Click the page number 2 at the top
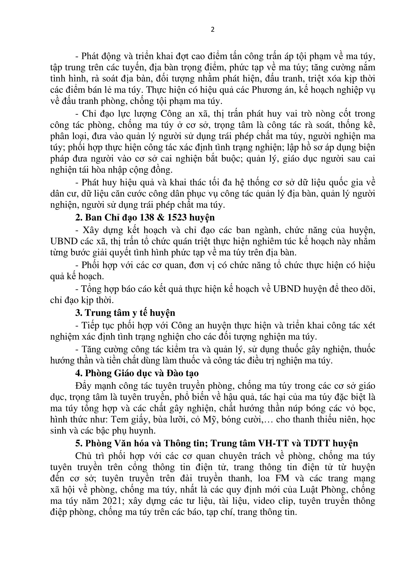pyautogui.click(x=212, y=30)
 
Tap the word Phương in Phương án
pyautogui.click(x=267, y=90)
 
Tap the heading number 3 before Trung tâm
pyautogui.click(x=78, y=313)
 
